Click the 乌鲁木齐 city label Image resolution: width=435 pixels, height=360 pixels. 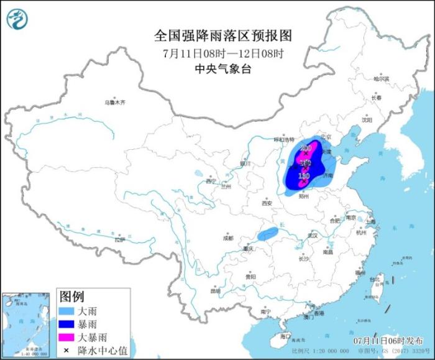(x=114, y=101)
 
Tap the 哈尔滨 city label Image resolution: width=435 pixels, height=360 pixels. (x=380, y=79)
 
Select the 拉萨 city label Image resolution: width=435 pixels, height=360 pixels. (x=119, y=239)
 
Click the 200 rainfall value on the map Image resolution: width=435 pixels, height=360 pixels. (x=305, y=148)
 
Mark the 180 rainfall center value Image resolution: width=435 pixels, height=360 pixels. (x=304, y=176)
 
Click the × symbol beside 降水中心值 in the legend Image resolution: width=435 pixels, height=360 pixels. (x=66, y=351)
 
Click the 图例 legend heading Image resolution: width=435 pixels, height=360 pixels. (x=71, y=295)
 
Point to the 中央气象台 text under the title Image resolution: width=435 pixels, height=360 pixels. (x=222, y=69)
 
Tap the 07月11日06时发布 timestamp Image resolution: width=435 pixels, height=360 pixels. (x=388, y=341)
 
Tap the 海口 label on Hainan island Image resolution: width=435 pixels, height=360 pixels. (x=285, y=336)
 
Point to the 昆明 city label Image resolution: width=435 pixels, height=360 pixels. (x=215, y=290)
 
